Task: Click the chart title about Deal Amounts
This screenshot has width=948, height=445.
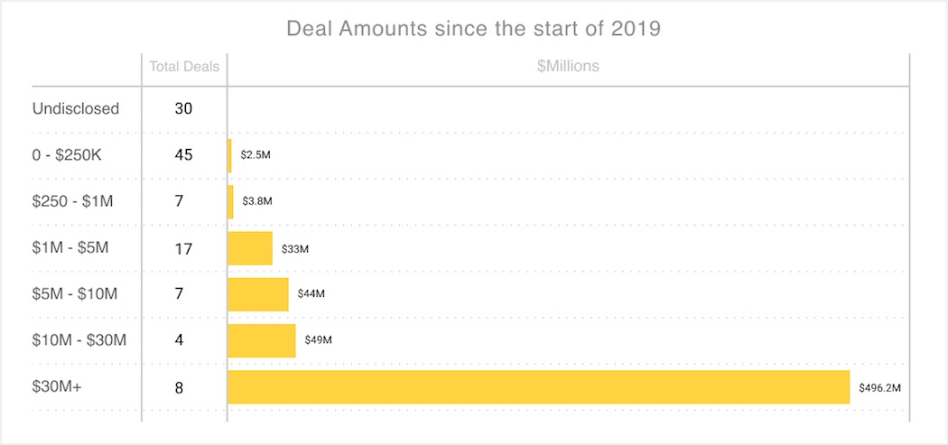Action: pyautogui.click(x=473, y=29)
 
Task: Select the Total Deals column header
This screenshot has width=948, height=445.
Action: pyautogui.click(x=184, y=66)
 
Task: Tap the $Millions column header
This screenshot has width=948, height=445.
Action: pyautogui.click(x=567, y=66)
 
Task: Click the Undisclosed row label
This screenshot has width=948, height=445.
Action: pyautogui.click(x=76, y=108)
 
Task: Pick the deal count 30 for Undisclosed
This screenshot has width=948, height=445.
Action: pyautogui.click(x=184, y=108)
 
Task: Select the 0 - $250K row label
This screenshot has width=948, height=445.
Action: pyautogui.click(x=68, y=154)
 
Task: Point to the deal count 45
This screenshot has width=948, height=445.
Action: pyautogui.click(x=184, y=154)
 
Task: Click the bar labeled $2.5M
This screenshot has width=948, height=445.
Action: pyautogui.click(x=229, y=155)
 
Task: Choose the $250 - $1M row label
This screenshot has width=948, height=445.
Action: pyautogui.click(x=73, y=201)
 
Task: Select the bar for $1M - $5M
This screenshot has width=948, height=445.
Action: pyautogui.click(x=250, y=248)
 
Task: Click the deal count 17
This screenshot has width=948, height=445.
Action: pyautogui.click(x=184, y=248)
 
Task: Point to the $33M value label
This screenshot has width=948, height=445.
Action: pyautogui.click(x=295, y=248)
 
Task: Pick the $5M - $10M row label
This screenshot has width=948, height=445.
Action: pyautogui.click(x=75, y=293)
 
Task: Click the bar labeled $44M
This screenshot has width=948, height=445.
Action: pyautogui.click(x=258, y=294)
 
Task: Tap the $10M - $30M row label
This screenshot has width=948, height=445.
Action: pyautogui.click(x=79, y=340)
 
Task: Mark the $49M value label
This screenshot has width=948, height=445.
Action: pyautogui.click(x=319, y=340)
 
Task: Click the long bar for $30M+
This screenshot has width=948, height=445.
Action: pyautogui.click(x=538, y=386)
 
